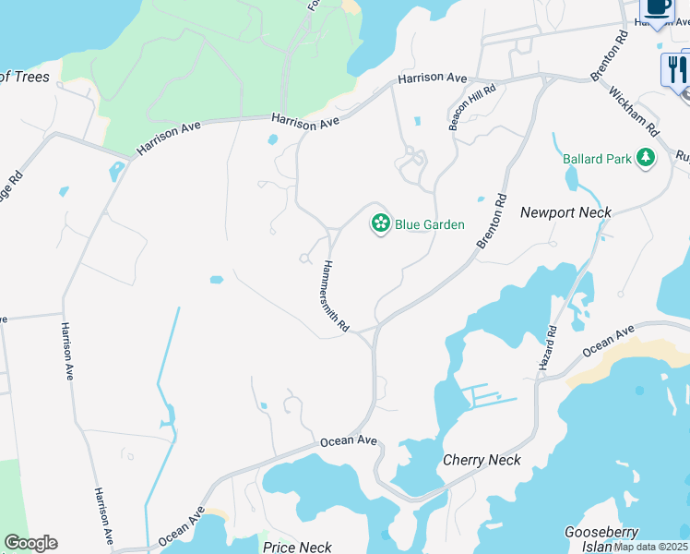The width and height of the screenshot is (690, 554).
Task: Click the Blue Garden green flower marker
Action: [379, 223]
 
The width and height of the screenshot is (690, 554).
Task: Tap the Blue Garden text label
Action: [430, 224]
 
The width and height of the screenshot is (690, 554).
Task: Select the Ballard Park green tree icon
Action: [646, 159]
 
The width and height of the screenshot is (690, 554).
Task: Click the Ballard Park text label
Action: [598, 159]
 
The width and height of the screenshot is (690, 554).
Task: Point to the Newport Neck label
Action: [565, 212]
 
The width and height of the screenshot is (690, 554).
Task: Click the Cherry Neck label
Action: [482, 460]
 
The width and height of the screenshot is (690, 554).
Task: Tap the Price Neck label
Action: [297, 547]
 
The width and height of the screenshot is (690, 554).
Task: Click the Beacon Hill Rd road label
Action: [472, 108]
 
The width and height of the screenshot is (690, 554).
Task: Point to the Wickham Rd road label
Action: [634, 109]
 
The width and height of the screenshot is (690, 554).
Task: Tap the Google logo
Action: [30, 543]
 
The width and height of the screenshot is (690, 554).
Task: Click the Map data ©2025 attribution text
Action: [650, 547]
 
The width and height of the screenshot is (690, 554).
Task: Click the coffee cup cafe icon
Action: [657, 7]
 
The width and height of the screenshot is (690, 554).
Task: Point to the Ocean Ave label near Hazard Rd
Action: [609, 342]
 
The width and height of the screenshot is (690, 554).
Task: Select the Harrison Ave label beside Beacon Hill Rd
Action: [433, 79]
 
